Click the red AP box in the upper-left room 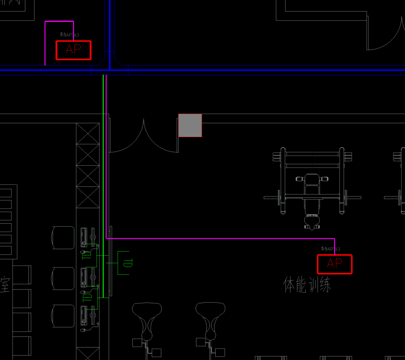[73, 50]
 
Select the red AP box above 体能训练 [335, 264]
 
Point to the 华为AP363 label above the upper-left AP [70, 35]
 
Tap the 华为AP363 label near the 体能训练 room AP [330, 249]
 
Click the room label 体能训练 [307, 285]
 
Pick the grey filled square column [190, 125]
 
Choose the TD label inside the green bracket [127, 263]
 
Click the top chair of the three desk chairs [63, 237]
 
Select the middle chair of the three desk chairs [63, 278]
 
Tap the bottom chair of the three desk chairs [63, 316]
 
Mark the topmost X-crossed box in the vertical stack [87, 134]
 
